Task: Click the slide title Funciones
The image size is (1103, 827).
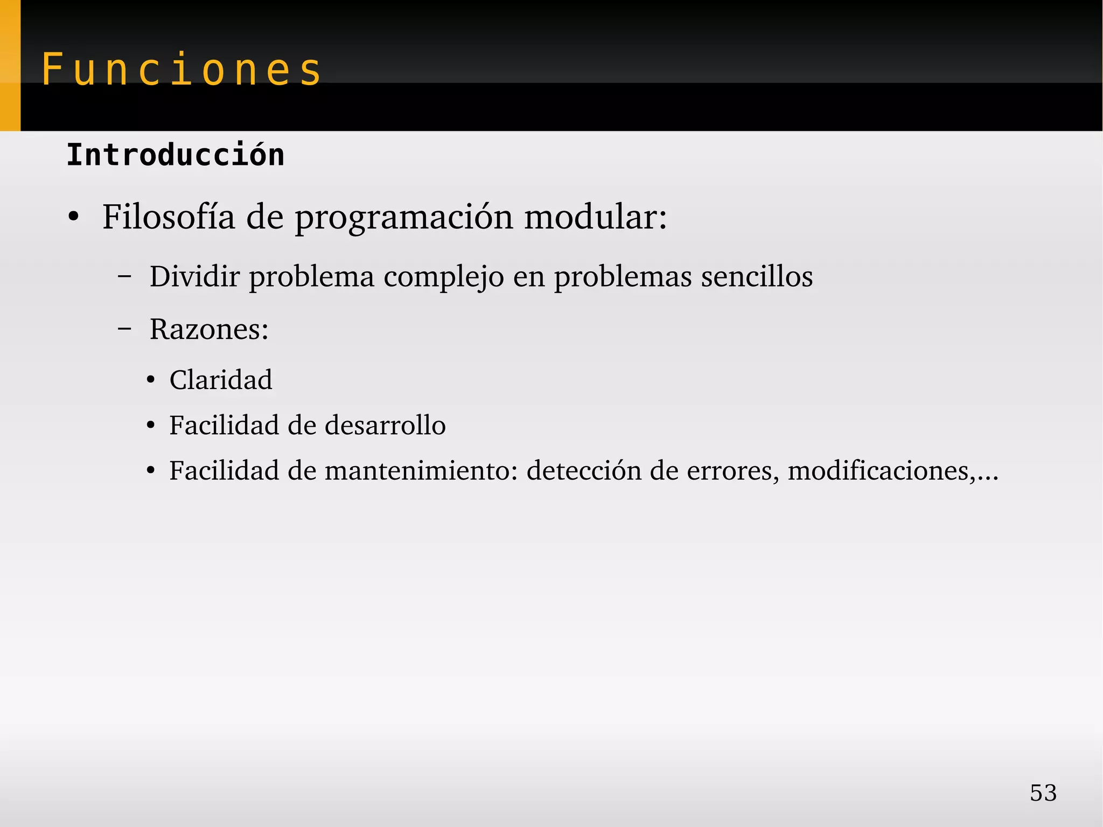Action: tap(181, 70)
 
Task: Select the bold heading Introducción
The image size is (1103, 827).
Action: tap(175, 155)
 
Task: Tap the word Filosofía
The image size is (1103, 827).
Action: tap(169, 217)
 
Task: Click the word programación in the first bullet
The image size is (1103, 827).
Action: tap(404, 218)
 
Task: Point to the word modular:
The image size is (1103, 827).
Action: tap(596, 217)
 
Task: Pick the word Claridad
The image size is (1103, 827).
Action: tap(221, 380)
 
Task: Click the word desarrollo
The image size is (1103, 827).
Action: tap(385, 425)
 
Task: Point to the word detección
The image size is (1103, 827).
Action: tap(584, 470)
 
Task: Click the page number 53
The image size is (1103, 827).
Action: tap(1043, 793)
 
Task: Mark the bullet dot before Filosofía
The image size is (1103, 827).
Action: tap(74, 218)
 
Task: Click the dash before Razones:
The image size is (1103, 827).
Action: tap(124, 329)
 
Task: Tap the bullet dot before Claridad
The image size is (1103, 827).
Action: tap(151, 380)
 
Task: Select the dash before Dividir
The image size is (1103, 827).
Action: tap(124, 277)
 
